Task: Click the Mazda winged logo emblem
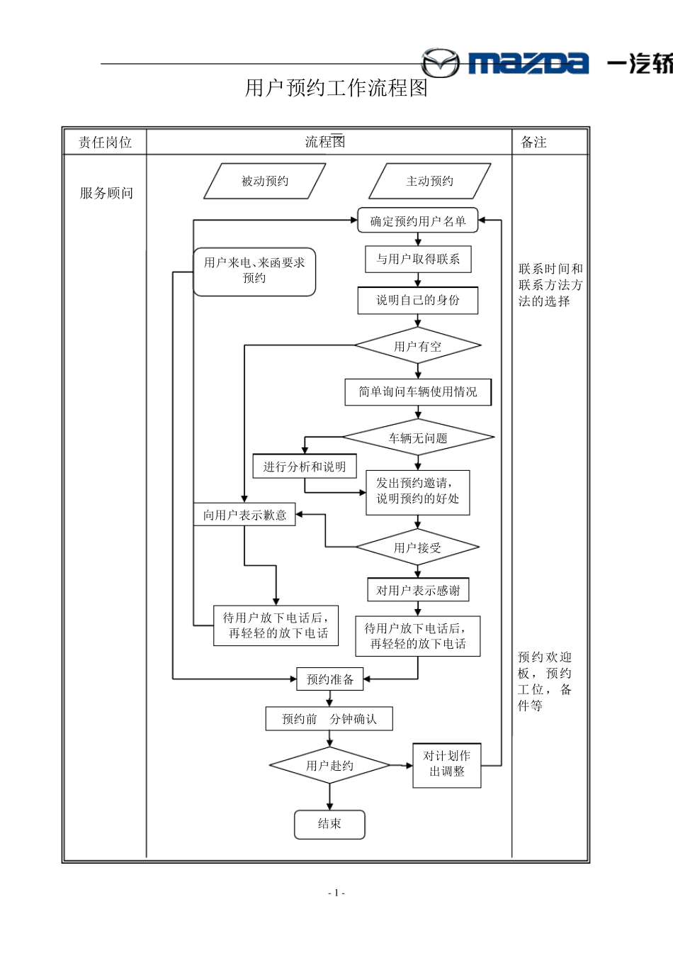tap(440, 63)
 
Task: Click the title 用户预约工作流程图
tap(336, 88)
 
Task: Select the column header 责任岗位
tap(105, 143)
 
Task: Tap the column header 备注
tap(533, 143)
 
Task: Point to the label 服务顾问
tap(106, 193)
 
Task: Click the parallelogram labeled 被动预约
tap(265, 182)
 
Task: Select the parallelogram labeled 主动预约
tap(429, 182)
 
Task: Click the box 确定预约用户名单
tap(418, 221)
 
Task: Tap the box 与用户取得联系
tap(418, 260)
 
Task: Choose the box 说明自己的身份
tap(418, 301)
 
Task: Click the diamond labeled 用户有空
tap(418, 347)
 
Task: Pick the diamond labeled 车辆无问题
tap(418, 438)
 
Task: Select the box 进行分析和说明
tap(305, 467)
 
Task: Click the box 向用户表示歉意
tap(244, 515)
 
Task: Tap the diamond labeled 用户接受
tap(418, 547)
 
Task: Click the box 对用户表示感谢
tap(418, 590)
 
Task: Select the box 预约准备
tap(329, 679)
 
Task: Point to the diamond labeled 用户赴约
tap(329, 766)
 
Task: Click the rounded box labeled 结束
tap(329, 824)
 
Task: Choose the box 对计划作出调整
tap(447, 764)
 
